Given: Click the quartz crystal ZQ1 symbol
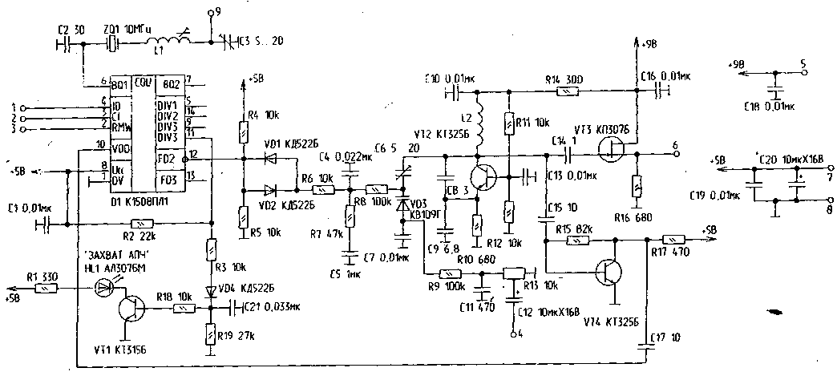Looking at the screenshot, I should [x=113, y=44].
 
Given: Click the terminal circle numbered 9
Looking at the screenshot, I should [x=210, y=14].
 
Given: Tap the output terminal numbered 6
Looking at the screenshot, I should [x=675, y=156].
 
